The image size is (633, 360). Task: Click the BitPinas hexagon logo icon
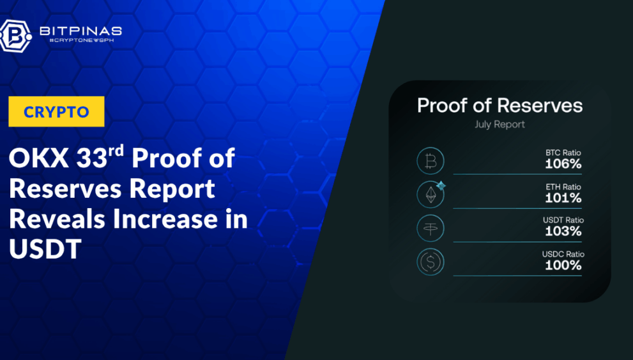15,36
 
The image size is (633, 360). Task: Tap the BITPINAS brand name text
80,31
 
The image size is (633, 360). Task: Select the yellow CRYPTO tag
56,112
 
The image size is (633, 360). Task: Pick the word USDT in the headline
45,249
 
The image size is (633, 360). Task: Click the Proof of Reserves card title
500,105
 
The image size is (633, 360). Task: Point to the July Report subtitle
500,124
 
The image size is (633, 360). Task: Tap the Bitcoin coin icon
431,161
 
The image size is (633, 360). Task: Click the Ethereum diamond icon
431,195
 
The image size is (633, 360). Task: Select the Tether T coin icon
431,229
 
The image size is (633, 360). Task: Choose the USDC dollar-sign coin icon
431,262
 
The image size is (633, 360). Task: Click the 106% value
563,164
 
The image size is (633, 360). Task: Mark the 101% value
563,198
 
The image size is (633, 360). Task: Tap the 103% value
563,231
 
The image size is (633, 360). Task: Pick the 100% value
563,265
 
